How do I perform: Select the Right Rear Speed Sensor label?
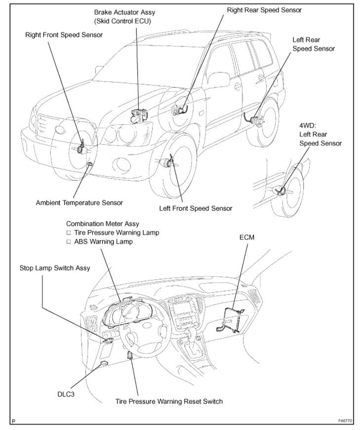tap(264, 9)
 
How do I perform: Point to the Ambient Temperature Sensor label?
tap(80, 202)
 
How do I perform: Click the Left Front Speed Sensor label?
tap(196, 208)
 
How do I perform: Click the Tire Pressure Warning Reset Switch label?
tap(169, 401)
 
